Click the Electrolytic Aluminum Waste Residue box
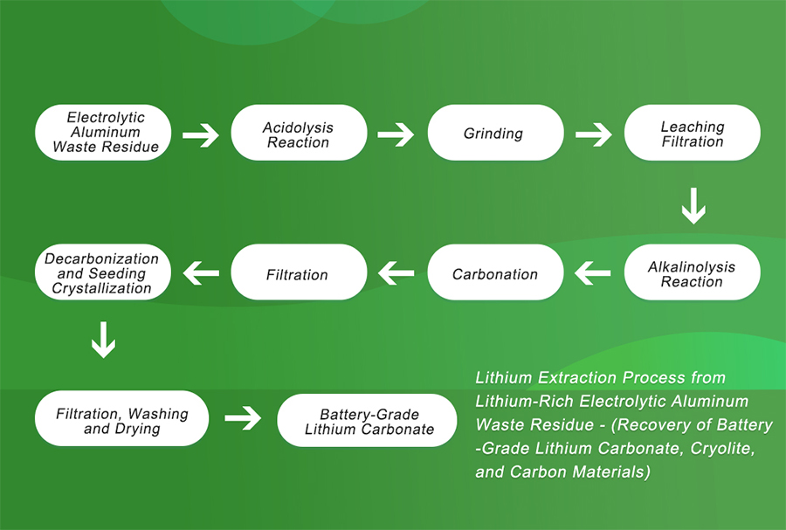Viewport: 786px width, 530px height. pos(105,133)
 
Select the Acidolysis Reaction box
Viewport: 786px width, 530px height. pos(298,133)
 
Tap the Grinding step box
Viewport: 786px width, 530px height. pos(494,133)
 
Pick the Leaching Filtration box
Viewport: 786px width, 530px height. pos(692,133)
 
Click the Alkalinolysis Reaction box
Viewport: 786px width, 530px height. pos(692,273)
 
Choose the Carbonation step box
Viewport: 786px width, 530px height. pos(494,273)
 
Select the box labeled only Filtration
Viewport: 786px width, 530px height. pos(298,273)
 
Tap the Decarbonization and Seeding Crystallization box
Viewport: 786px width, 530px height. pos(103,273)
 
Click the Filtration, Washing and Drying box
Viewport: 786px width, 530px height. pos(121,420)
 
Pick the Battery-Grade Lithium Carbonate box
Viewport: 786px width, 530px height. pos(369,420)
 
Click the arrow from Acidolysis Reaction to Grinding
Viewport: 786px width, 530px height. pos(396,134)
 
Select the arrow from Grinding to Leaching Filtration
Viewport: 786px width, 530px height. pos(594,134)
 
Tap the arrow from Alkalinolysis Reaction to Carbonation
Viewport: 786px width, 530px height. pos(593,274)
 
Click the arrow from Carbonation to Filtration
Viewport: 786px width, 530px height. pos(396,274)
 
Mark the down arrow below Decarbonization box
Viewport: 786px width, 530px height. pos(103,341)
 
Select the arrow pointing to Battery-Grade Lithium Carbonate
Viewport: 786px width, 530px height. pos(243,419)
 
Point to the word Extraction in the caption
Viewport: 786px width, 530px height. pos(573,378)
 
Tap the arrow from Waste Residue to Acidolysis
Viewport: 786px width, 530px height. pos(200,134)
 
